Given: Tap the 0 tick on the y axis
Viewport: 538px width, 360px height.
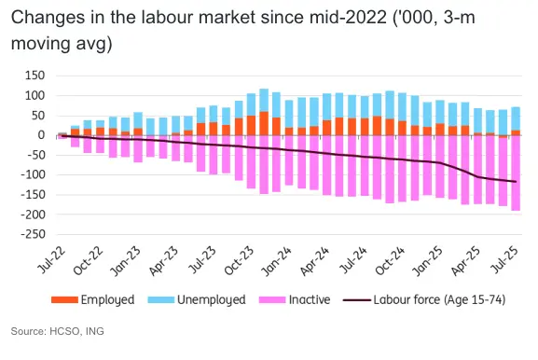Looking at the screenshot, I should [x=41, y=135].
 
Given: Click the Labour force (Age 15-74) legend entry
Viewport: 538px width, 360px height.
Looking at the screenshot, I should [x=438, y=300].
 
